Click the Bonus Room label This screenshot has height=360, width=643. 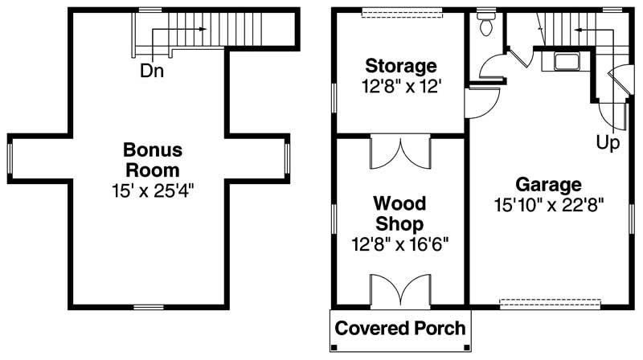pos(153,160)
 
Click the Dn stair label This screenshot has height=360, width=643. pos(153,71)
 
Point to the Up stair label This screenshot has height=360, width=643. pos(608,143)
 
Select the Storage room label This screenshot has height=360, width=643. pos(400,65)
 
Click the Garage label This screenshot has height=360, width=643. pos(549,184)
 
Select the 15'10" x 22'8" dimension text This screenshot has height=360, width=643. pos(549,204)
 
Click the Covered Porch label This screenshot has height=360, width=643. pos(400,328)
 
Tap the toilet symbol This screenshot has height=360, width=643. pos(485,24)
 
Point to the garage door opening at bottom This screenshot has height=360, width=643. pos(550,305)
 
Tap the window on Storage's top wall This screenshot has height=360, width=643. pos(400,11)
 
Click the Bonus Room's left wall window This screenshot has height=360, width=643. pos(10,158)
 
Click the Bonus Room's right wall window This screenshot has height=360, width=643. pos(288,158)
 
